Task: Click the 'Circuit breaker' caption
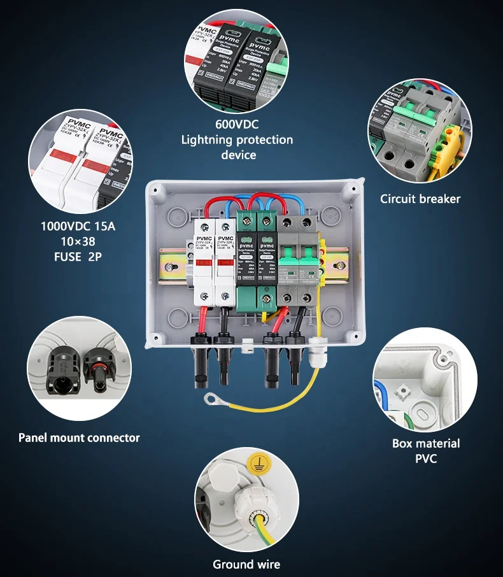(420, 199)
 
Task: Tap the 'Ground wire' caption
(246, 564)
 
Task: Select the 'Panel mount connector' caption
(79, 438)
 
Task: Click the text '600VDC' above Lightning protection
(237, 125)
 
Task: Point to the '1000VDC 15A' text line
(78, 226)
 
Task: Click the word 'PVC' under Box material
(426, 458)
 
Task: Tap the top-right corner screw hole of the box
(352, 189)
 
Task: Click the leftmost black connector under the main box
(200, 363)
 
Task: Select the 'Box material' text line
(426, 443)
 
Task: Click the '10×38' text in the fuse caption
(78, 241)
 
